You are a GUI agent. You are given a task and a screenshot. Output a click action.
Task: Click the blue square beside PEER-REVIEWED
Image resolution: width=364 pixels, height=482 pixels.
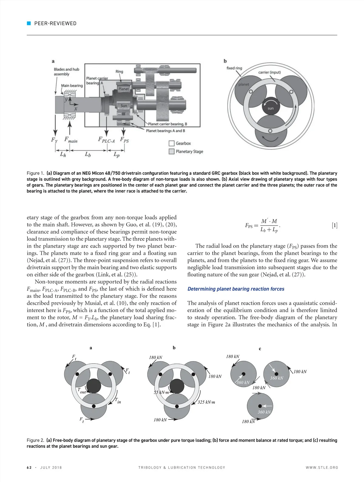point(29,23)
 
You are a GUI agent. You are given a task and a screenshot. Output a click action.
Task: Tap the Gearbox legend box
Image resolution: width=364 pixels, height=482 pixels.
point(171,143)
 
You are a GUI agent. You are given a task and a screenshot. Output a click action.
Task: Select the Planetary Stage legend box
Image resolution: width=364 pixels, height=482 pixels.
point(171,151)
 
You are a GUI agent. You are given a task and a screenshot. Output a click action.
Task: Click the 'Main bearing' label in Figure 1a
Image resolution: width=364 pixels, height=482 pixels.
point(72,86)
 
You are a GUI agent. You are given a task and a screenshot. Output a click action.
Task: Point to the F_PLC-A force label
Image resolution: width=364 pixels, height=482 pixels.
point(106,140)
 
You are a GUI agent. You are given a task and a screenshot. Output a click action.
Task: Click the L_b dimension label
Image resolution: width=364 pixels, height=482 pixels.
point(88,154)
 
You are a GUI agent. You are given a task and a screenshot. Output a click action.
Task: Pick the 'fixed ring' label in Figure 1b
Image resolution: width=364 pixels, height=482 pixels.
point(234,68)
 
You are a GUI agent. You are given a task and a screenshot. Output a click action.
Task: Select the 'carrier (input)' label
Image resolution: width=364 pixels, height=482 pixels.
point(269,72)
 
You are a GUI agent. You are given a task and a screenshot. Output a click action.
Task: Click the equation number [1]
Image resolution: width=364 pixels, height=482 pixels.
point(334,225)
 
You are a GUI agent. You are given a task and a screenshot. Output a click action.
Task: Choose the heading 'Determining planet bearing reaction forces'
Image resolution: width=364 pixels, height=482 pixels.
point(236,289)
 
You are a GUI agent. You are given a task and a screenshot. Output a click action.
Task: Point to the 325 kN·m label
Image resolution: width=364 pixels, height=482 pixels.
point(206,402)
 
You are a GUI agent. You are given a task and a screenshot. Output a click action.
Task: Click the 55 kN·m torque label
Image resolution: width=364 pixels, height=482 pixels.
point(161,392)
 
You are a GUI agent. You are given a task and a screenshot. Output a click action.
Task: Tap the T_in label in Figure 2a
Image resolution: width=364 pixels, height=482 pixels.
point(118,401)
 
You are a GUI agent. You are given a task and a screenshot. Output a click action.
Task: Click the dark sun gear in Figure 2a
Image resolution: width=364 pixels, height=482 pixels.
point(94,386)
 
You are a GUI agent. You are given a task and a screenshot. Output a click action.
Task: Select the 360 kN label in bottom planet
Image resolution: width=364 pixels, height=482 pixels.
point(264,412)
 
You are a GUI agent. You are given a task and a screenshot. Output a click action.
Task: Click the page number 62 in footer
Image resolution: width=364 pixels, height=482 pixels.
point(29,467)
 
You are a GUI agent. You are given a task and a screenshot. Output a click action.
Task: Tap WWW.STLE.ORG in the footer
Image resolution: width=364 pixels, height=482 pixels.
point(322,467)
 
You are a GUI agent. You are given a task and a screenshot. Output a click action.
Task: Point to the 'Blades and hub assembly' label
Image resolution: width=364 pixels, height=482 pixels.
point(66,72)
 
